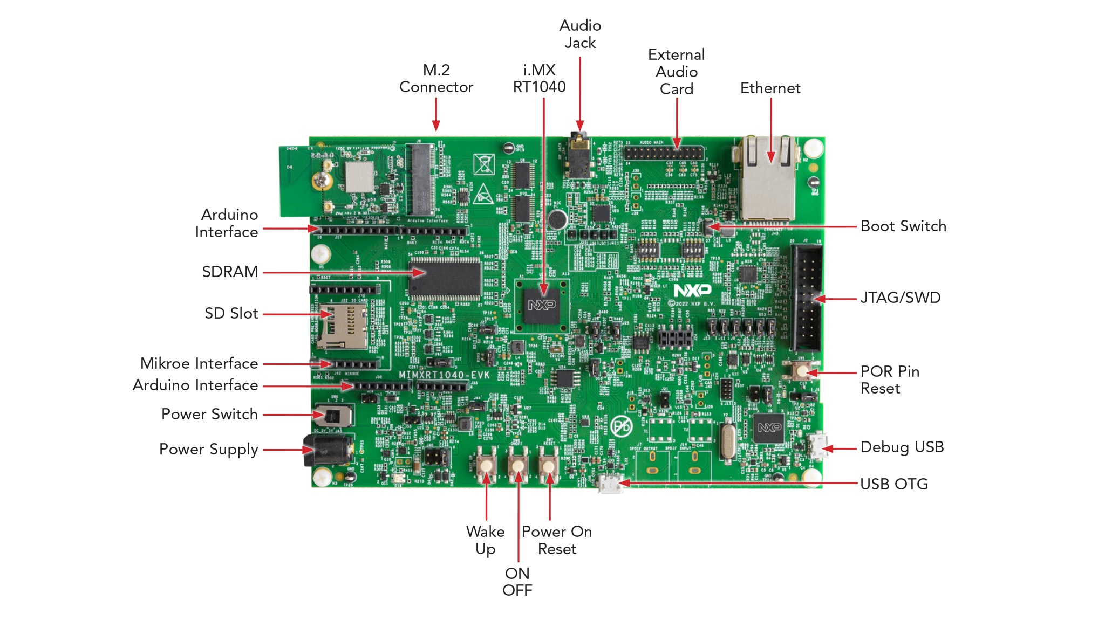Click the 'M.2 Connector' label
(x=436, y=79)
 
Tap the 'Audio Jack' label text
(x=580, y=34)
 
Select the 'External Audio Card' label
(x=676, y=72)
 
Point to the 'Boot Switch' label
(x=903, y=226)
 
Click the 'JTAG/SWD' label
(x=900, y=298)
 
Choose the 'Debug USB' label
(x=902, y=447)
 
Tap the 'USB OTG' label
(x=893, y=484)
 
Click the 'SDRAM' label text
(x=230, y=272)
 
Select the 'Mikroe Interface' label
(x=199, y=363)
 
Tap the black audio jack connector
(x=578, y=156)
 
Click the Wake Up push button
(x=486, y=465)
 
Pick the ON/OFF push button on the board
(x=518, y=465)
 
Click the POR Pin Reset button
(x=802, y=371)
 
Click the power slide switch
(x=333, y=416)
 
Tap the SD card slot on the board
(x=343, y=326)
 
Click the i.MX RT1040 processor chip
(x=542, y=305)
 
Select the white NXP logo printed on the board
(x=692, y=291)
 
